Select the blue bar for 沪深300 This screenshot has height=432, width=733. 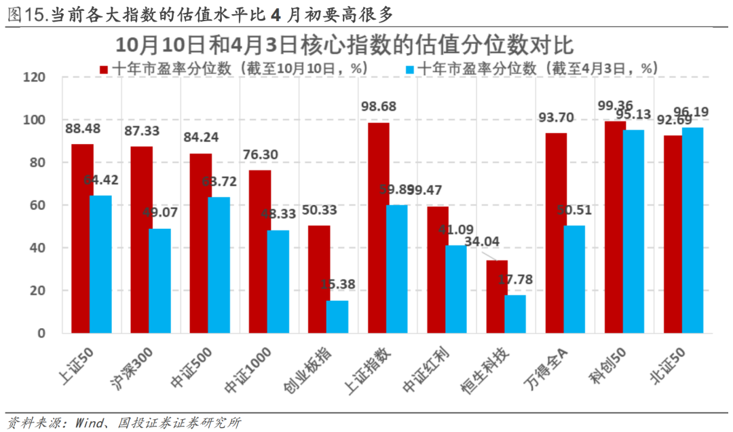(x=159, y=281)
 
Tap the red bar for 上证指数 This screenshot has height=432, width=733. (x=378, y=228)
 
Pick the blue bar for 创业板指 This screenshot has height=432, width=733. (x=337, y=317)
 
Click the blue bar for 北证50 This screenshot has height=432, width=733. (x=693, y=231)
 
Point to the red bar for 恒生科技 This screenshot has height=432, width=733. (x=497, y=297)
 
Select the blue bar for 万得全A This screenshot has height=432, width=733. (x=574, y=279)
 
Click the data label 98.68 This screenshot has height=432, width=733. (x=379, y=107)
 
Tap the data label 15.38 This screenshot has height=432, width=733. (x=338, y=285)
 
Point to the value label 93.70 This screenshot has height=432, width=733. (x=556, y=118)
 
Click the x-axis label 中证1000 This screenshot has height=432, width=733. (x=250, y=371)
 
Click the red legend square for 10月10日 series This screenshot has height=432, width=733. (x=104, y=69)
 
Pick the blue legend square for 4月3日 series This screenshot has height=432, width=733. (x=410, y=69)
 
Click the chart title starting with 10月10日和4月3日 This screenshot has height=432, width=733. (x=344, y=45)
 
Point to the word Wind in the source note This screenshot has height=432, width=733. (x=89, y=422)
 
